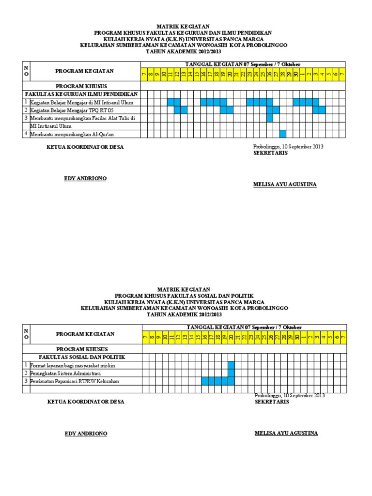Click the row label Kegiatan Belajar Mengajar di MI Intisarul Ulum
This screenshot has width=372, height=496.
(81, 102)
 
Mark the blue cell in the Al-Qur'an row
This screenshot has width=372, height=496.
(283, 134)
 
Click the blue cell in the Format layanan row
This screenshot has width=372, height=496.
(231, 365)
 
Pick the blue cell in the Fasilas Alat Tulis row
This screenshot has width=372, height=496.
(270, 118)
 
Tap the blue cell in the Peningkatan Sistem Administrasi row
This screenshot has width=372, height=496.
(231, 373)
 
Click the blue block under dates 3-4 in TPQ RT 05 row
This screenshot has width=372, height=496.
(319, 110)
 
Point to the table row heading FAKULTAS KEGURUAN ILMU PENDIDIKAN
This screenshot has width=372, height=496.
(81, 94)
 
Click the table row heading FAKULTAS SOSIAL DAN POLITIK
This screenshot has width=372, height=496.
(82, 357)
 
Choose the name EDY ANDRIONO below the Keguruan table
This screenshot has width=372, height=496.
(85, 179)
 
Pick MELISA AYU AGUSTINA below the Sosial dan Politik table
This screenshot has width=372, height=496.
(286, 433)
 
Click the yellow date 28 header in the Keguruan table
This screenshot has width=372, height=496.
(283, 74)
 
